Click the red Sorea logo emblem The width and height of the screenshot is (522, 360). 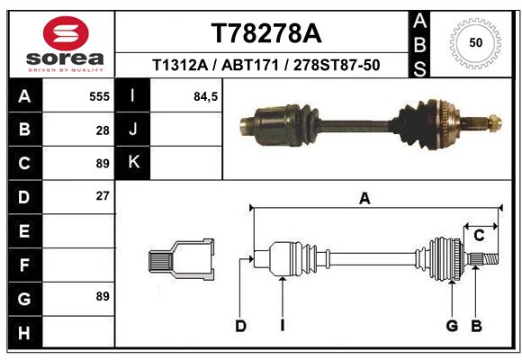66,33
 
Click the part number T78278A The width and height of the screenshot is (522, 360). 266,33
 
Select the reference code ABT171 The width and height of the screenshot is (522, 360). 249,65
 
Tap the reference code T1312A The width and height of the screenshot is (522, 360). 180,65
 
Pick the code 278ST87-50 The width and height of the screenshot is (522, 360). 337,65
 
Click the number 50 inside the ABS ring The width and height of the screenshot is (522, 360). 476,42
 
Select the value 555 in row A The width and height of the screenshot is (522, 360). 99,96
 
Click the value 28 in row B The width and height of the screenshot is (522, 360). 103,130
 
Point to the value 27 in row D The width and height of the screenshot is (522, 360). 103,196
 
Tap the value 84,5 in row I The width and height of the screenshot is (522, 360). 205,97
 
